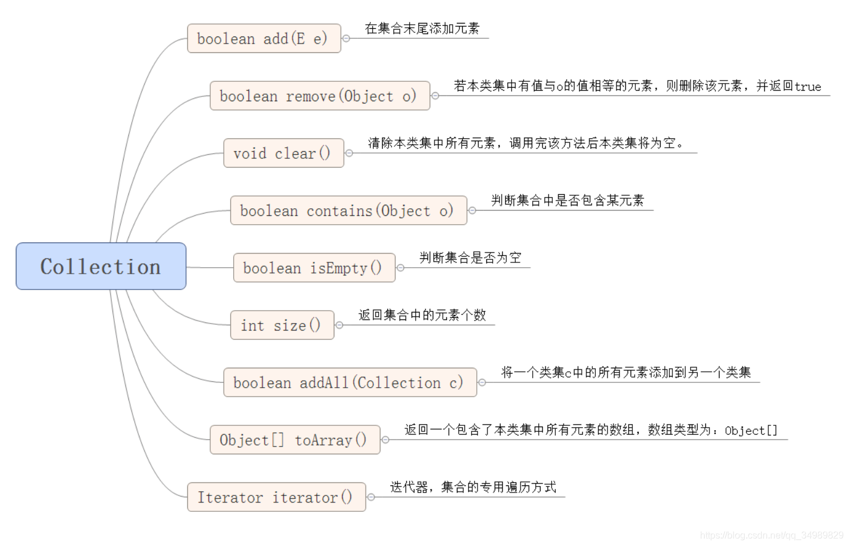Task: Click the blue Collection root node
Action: click(x=101, y=267)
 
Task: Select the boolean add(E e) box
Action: click(x=264, y=39)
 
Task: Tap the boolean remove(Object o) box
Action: click(x=319, y=96)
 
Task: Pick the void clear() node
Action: click(x=283, y=153)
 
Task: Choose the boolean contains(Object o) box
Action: click(x=348, y=211)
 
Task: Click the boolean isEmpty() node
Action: click(x=314, y=268)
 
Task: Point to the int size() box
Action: click(x=282, y=325)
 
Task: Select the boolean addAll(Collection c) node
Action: click(x=350, y=382)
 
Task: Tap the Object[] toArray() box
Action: click(x=294, y=440)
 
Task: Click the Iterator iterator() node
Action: click(x=276, y=497)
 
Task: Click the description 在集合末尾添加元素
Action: click(x=422, y=28)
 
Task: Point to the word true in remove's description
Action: click(x=808, y=87)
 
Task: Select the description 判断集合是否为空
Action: click(x=470, y=258)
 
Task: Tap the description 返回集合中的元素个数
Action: click(x=422, y=315)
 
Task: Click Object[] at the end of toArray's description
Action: click(x=751, y=431)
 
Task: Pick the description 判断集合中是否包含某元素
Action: click(x=568, y=201)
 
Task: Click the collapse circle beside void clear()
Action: click(x=349, y=153)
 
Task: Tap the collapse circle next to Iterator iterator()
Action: click(x=371, y=497)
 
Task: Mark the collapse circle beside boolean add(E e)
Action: click(x=346, y=38)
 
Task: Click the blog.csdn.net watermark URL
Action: click(x=771, y=535)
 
